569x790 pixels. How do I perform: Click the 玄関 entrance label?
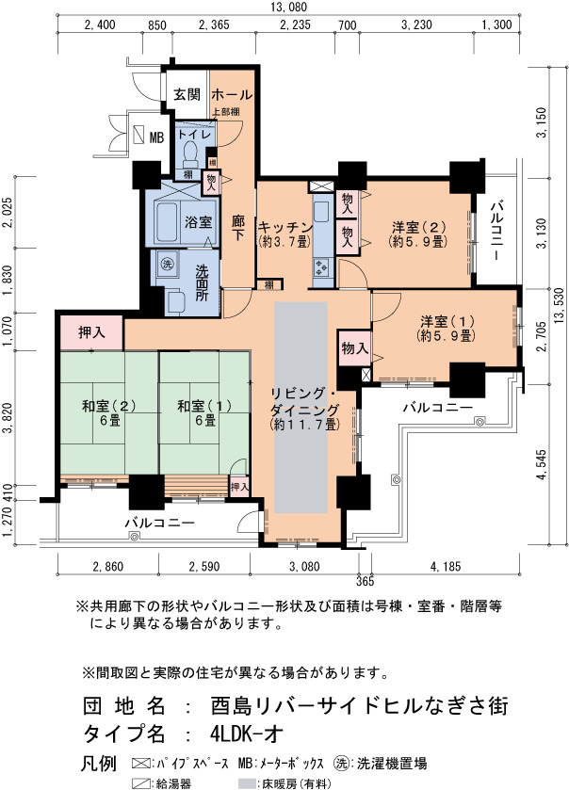click(x=187, y=94)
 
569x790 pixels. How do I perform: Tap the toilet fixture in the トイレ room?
click(x=190, y=153)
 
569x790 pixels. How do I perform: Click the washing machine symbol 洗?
click(x=166, y=263)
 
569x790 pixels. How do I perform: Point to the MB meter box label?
click(x=156, y=137)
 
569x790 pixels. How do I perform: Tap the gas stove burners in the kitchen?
click(x=321, y=266)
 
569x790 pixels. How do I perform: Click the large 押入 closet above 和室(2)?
click(x=91, y=332)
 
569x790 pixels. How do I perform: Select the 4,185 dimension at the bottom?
click(x=446, y=566)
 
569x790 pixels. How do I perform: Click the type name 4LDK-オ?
click(x=247, y=734)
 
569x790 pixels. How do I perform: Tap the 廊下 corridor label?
click(x=238, y=228)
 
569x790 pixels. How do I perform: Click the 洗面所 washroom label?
click(x=202, y=282)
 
